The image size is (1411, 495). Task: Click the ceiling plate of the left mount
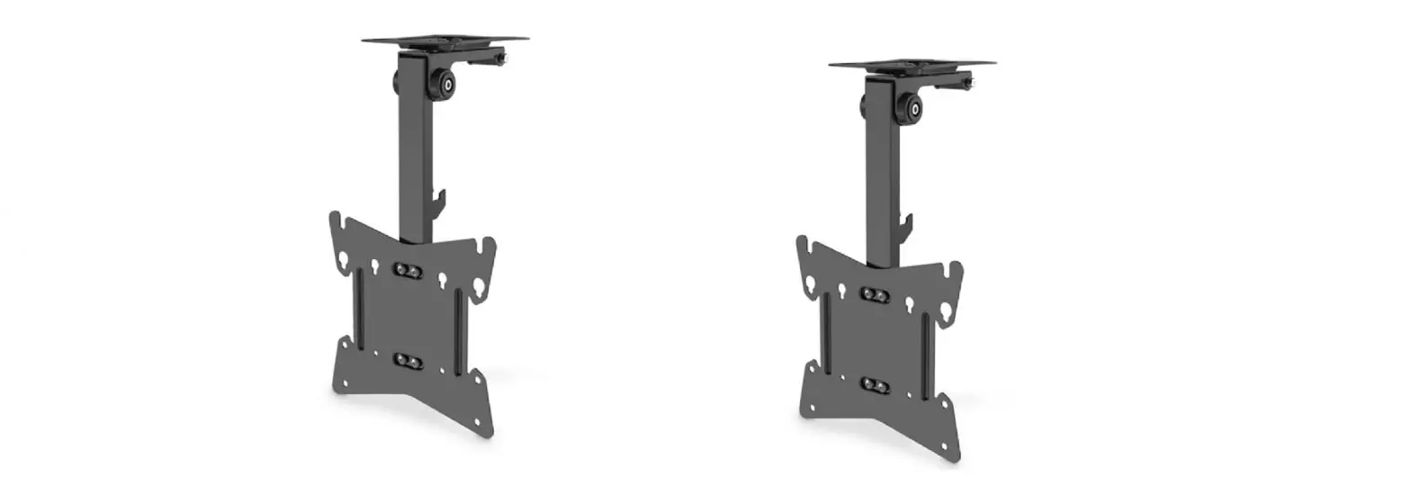point(445,40)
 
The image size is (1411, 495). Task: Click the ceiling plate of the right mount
point(912,64)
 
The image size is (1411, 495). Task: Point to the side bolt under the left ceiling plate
point(500,61)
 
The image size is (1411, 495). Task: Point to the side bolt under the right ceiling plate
point(967,85)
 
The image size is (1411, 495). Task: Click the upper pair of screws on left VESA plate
point(405,269)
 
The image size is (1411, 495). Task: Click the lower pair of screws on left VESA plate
point(407,360)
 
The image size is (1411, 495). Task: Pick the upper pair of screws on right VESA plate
point(872,293)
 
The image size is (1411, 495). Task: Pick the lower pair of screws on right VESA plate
point(874,384)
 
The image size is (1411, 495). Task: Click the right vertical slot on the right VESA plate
point(925,343)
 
